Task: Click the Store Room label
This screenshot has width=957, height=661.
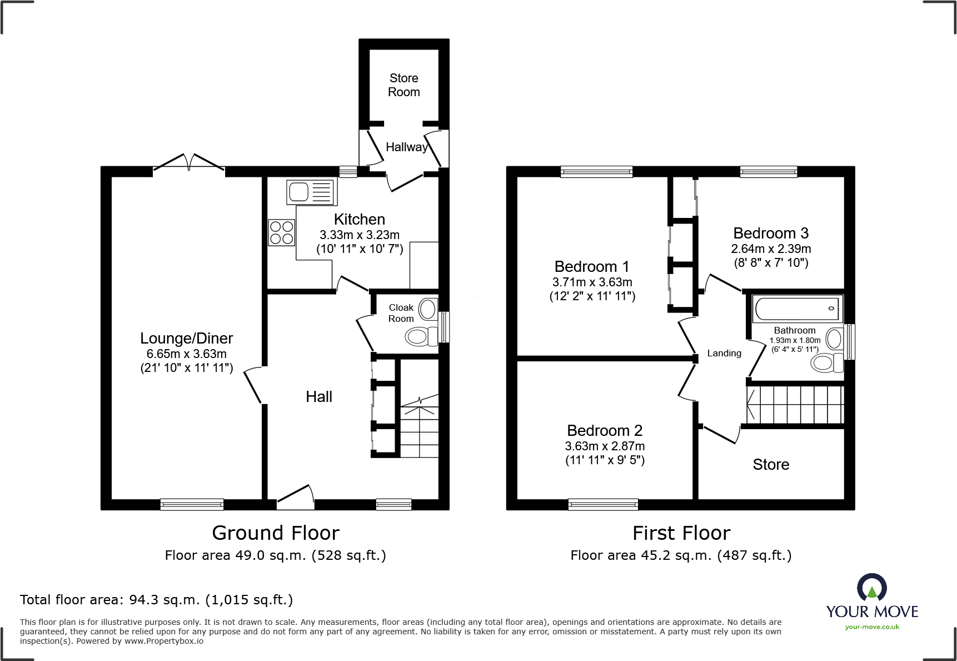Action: (404, 85)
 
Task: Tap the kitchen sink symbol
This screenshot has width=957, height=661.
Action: (312, 192)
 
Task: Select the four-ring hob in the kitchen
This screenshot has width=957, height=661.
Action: (282, 233)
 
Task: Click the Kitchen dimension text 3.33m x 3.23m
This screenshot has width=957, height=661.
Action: (360, 235)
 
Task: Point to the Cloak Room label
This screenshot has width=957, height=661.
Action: (401, 313)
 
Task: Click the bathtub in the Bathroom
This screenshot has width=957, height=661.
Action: (797, 309)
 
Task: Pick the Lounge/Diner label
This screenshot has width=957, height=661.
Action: (187, 338)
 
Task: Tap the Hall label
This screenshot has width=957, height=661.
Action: (319, 396)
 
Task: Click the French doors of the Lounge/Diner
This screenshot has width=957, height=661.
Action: (189, 162)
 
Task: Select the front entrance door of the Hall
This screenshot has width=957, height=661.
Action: (296, 496)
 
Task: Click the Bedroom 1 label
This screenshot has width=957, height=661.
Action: (592, 266)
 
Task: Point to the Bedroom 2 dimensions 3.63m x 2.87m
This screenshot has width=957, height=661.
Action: (605, 446)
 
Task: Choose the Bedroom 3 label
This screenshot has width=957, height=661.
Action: (771, 233)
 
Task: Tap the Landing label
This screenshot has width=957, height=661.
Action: (724, 353)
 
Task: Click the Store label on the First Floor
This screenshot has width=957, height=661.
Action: (771, 464)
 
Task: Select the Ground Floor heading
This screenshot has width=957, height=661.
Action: (276, 533)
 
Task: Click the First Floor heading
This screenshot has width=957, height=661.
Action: (681, 533)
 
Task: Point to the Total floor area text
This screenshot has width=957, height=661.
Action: (156, 600)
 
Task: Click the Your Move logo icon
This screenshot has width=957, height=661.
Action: (871, 587)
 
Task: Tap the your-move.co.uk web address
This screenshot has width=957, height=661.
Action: (872, 627)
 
